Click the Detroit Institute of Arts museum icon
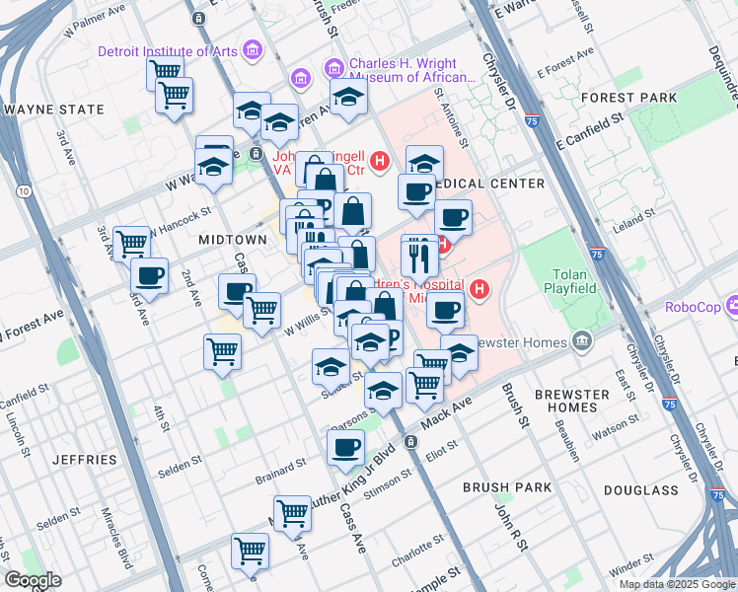(x=252, y=50)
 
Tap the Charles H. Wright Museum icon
(x=333, y=68)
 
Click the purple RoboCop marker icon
(x=729, y=307)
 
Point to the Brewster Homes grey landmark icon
(x=582, y=342)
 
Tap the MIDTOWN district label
(x=233, y=240)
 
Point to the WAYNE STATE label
(x=54, y=110)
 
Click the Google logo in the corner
(x=33, y=580)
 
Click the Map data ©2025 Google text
(x=676, y=584)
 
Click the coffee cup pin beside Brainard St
(x=345, y=447)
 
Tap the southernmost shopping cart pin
(x=250, y=551)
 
